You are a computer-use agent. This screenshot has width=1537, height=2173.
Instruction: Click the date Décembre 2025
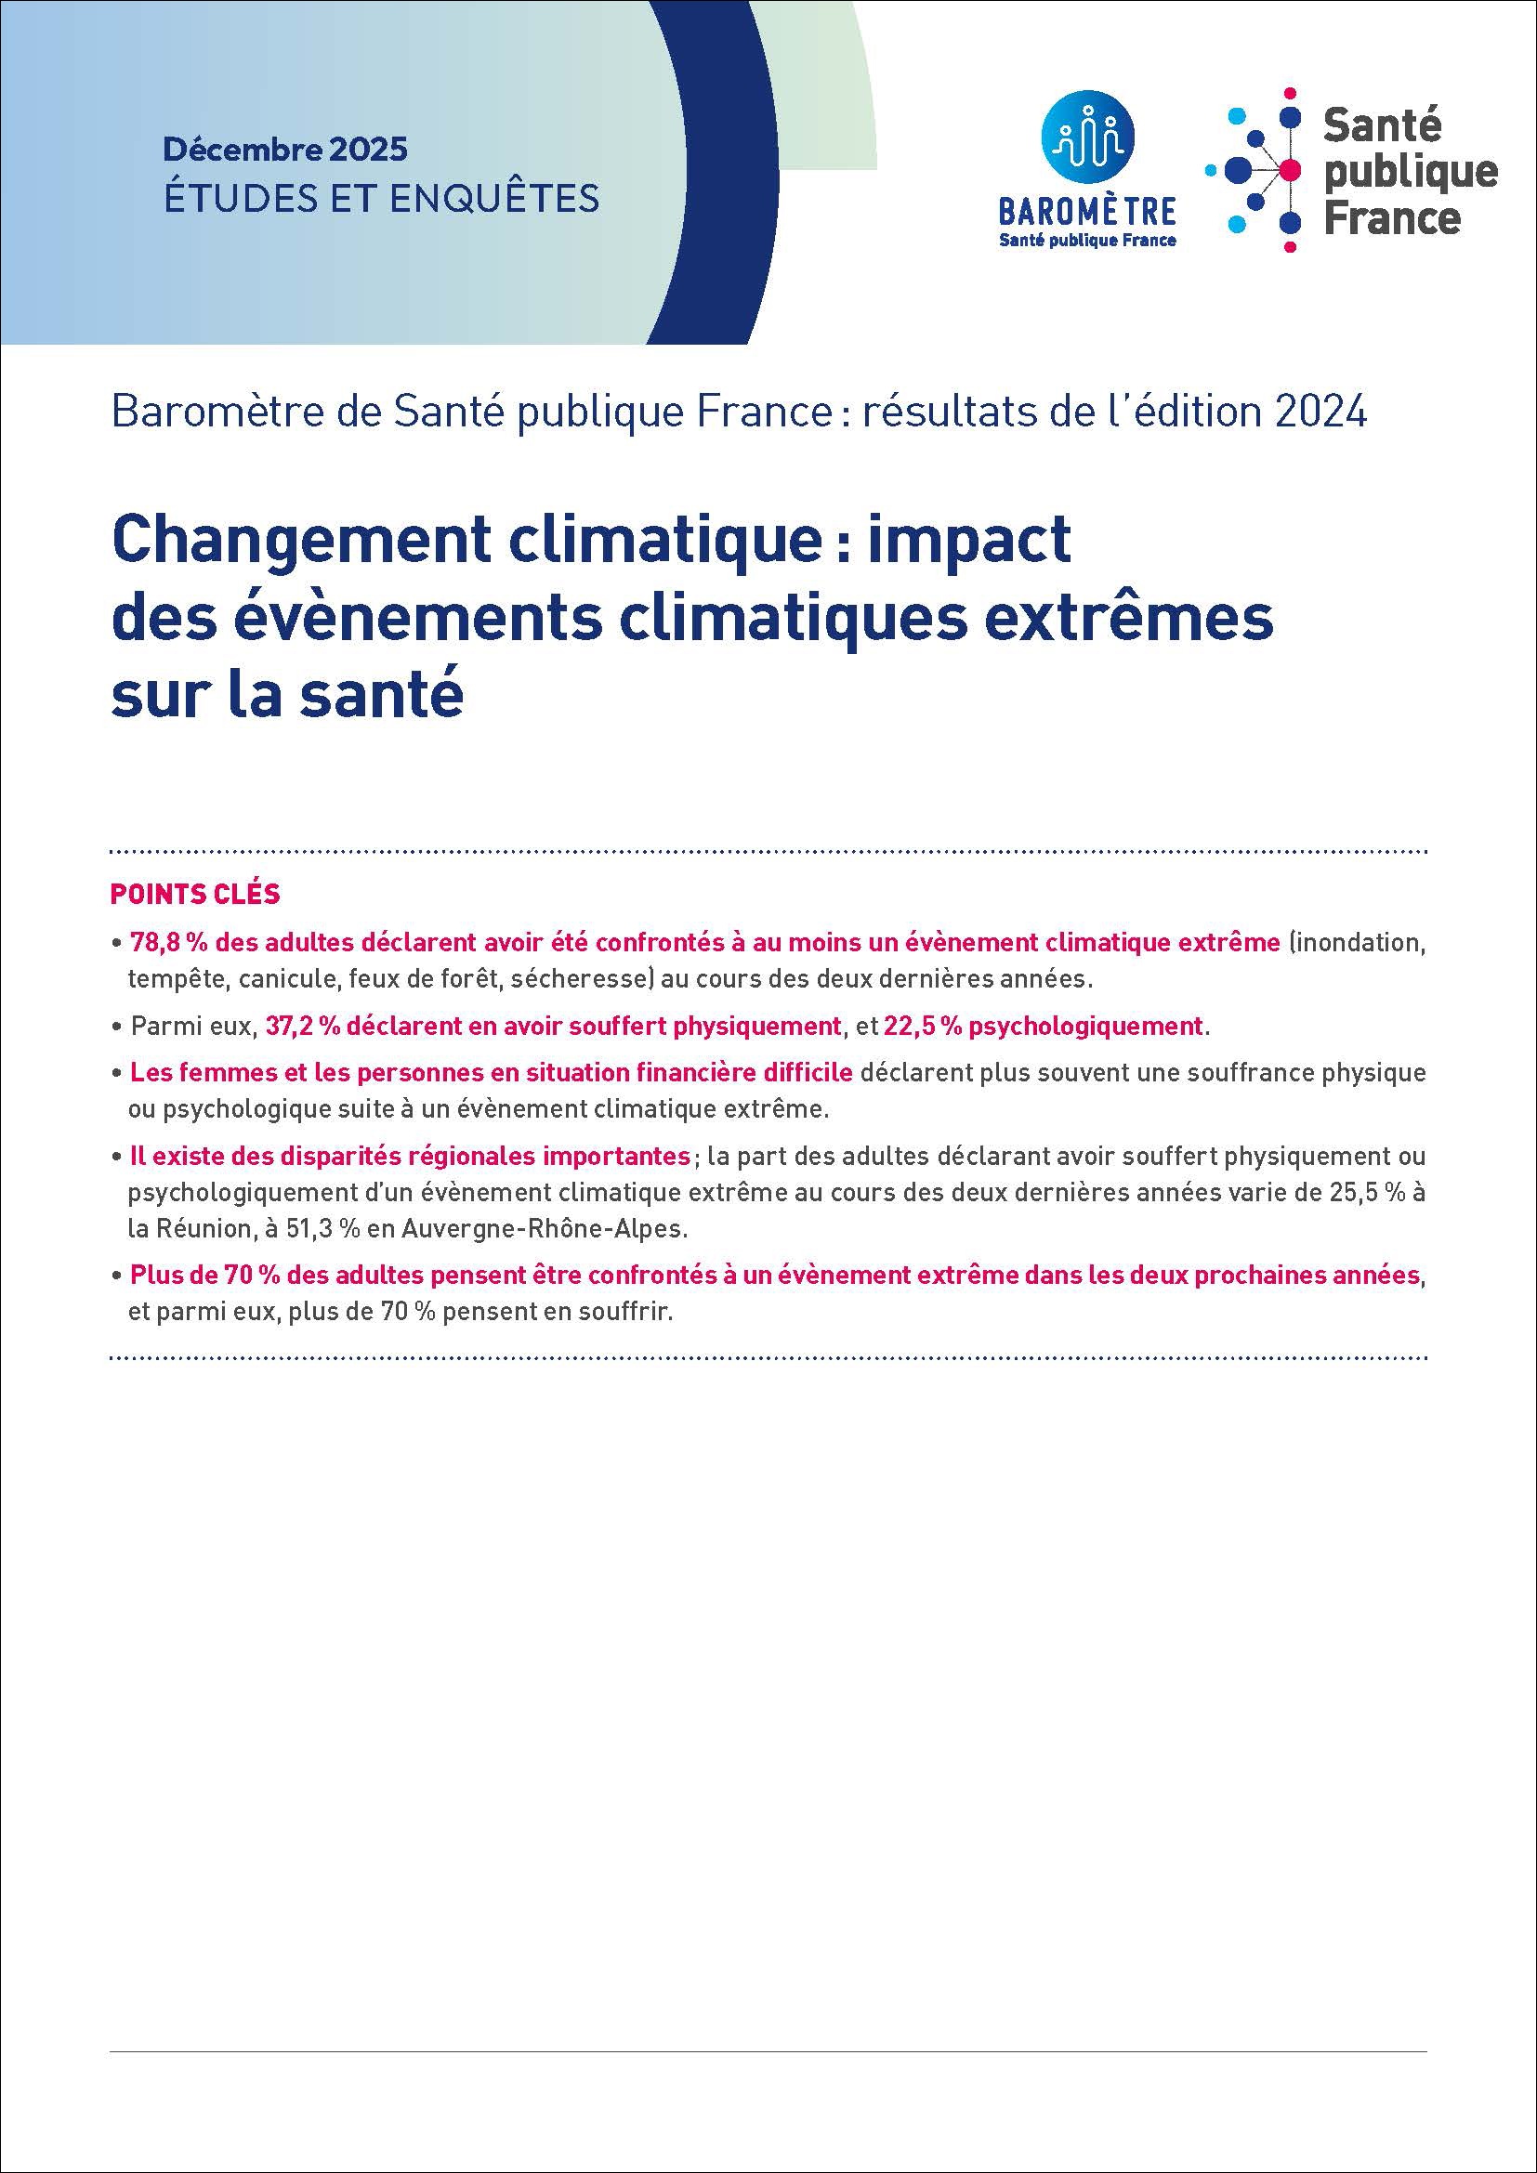click(x=285, y=149)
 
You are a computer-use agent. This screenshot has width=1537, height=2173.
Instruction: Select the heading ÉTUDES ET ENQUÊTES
click(x=381, y=198)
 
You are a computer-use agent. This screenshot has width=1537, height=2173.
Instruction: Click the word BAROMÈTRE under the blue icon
click(x=1087, y=209)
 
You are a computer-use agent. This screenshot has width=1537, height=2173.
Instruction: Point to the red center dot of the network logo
click(x=1288, y=170)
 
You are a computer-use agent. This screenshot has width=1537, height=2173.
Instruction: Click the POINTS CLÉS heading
click(x=195, y=894)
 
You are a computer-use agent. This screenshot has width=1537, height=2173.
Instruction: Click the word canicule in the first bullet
click(x=289, y=978)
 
